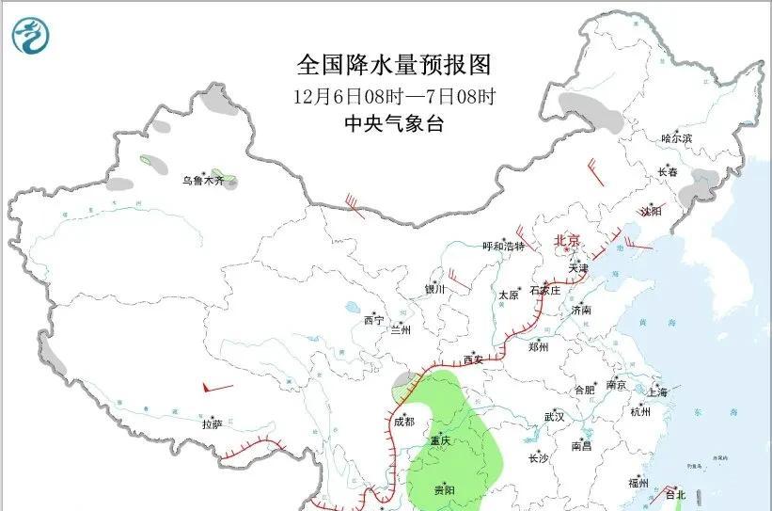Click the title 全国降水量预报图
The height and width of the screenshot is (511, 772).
pyautogui.click(x=394, y=65)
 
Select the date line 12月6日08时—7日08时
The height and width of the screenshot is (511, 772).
pyautogui.click(x=394, y=96)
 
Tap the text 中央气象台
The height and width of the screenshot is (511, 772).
pyautogui.click(x=394, y=123)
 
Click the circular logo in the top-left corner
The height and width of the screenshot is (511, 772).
pyautogui.click(x=31, y=36)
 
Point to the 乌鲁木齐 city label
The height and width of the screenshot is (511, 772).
pyautogui.click(x=204, y=181)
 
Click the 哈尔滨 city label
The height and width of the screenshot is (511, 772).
pyautogui.click(x=676, y=138)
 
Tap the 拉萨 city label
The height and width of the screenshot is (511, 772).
pyautogui.click(x=212, y=424)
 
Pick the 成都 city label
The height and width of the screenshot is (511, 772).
pyautogui.click(x=403, y=422)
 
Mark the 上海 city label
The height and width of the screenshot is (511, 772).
pyautogui.click(x=657, y=391)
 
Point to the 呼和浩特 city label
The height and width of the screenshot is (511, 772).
pyautogui.click(x=503, y=247)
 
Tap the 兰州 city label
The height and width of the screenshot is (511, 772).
pyautogui.click(x=401, y=330)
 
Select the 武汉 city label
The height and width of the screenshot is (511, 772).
pyautogui.click(x=554, y=416)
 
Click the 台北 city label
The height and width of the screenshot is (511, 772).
pyautogui.click(x=675, y=494)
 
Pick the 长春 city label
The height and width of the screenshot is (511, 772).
pyautogui.click(x=668, y=172)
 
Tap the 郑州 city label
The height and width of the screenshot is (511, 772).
pyautogui.click(x=538, y=346)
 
